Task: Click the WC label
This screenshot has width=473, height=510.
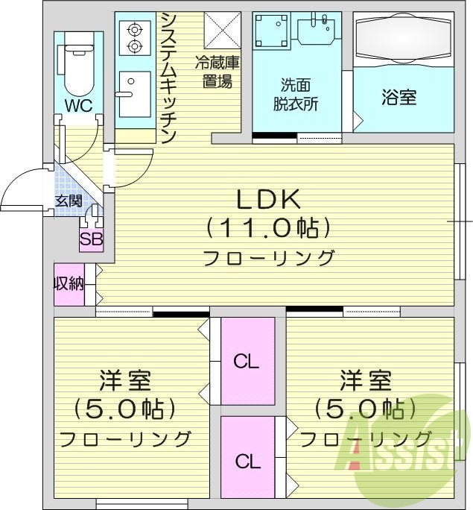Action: point(77,106)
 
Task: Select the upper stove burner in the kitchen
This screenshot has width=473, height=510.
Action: point(135,30)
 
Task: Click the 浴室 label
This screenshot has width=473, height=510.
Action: point(399,98)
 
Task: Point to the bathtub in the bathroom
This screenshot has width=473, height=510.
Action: point(403,39)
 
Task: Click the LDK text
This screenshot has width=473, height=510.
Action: point(268,198)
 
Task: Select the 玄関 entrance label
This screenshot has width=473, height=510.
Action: point(69,201)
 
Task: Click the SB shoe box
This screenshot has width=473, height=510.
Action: point(92,239)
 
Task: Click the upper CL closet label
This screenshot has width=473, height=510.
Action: point(246,362)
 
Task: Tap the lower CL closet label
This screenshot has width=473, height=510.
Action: point(247,461)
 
